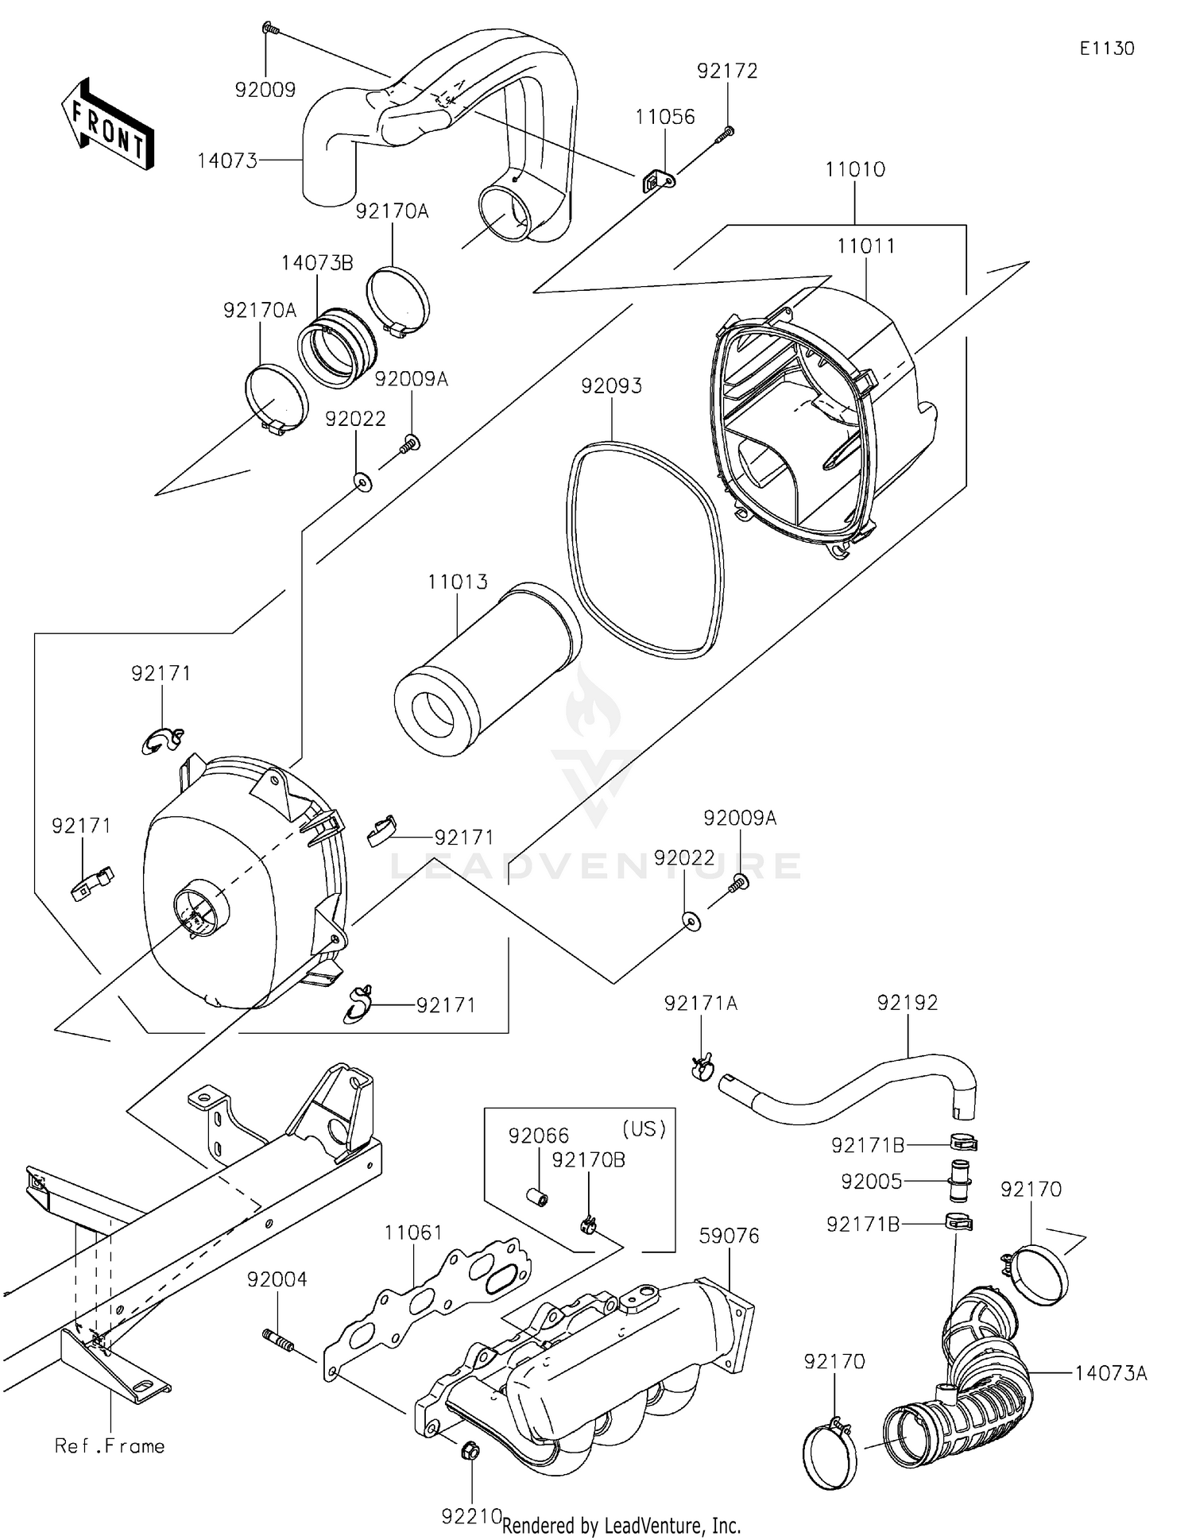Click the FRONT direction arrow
pyautogui.click(x=108, y=126)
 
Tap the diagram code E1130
pyautogui.click(x=1106, y=48)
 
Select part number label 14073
pyautogui.click(x=227, y=161)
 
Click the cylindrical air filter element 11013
pyautogui.click(x=486, y=671)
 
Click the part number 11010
pyautogui.click(x=854, y=169)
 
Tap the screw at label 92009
pyautogui.click(x=268, y=29)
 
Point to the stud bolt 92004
pyautogui.click(x=278, y=1339)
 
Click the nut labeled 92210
pyautogui.click(x=470, y=1451)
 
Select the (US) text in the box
pyautogui.click(x=643, y=1128)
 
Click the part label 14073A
pyautogui.click(x=1110, y=1373)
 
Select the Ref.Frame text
pyautogui.click(x=110, y=1446)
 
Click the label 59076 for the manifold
pyautogui.click(x=729, y=1236)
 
